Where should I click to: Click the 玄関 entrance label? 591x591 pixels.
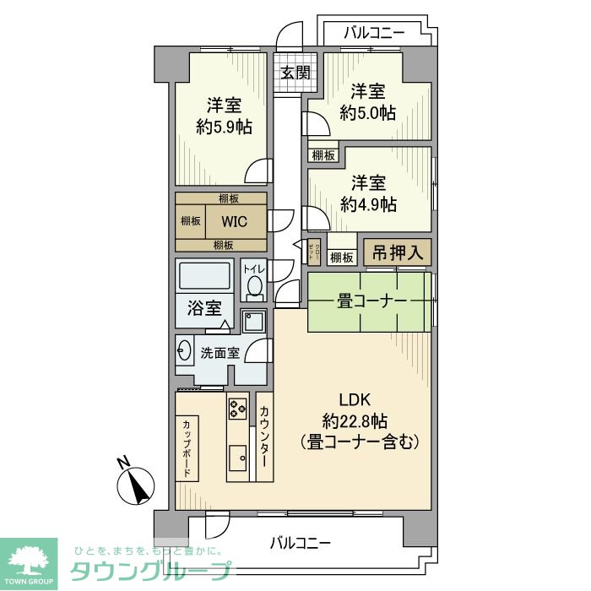pos(295,73)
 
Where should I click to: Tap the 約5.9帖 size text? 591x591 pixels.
pos(224,127)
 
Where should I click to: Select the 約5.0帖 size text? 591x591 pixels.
pos(368,112)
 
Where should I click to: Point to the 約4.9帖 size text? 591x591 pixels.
pos(368,204)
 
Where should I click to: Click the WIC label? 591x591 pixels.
pos(235,221)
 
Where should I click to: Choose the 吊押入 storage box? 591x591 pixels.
pos(397,253)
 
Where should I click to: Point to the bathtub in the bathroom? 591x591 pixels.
pos(203,276)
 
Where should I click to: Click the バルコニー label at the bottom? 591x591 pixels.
pos(300,542)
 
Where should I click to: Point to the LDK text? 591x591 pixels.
pos(355,400)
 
